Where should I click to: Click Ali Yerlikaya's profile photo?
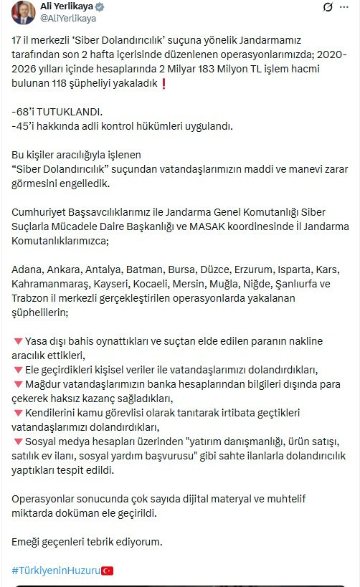click(x=22, y=13)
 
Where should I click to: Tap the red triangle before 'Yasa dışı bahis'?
click(x=18, y=340)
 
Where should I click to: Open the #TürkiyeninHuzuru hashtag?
click(x=55, y=571)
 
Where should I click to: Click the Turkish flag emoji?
click(x=107, y=571)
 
